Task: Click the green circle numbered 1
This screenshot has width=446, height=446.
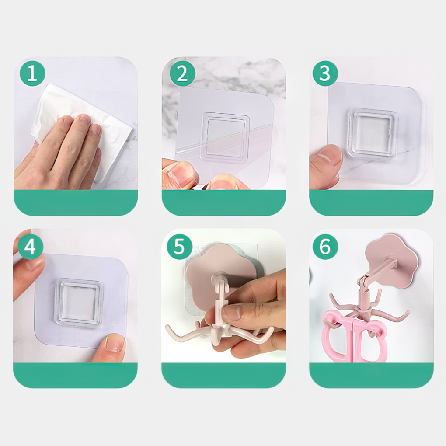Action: pos(32,73)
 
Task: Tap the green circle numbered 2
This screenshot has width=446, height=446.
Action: pos(182,73)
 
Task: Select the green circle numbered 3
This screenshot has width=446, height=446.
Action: pos(325,73)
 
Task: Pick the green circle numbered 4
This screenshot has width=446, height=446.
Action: pos(31,246)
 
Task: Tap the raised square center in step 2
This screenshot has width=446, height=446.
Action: pos(225,138)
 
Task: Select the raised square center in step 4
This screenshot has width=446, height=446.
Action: pos(79,302)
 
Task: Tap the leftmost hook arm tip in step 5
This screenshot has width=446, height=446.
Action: pos(167,328)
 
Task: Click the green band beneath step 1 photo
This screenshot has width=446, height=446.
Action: pos(76,202)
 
